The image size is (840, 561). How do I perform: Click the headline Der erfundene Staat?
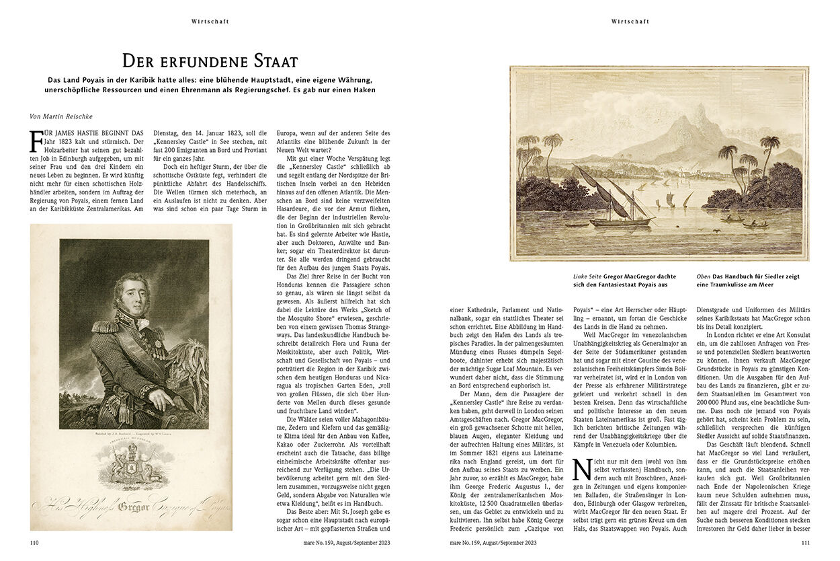pyautogui.click(x=210, y=61)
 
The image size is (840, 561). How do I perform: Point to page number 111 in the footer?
pyautogui.click(x=804, y=542)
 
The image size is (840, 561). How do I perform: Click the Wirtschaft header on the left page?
pyautogui.click(x=210, y=22)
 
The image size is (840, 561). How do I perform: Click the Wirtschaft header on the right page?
pyautogui.click(x=630, y=22)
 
